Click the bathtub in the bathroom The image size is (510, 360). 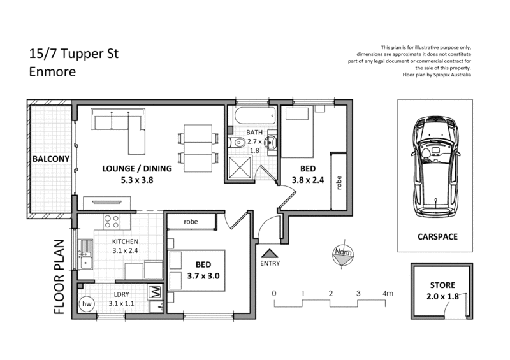pos(254,116)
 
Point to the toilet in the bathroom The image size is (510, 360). pos(233,143)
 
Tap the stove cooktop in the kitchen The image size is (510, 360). pos(112,222)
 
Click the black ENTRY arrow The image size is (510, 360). pos(270,253)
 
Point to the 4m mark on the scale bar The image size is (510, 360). pos(386,293)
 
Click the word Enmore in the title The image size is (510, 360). pos(52,72)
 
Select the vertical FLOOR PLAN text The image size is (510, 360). pos(60,277)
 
